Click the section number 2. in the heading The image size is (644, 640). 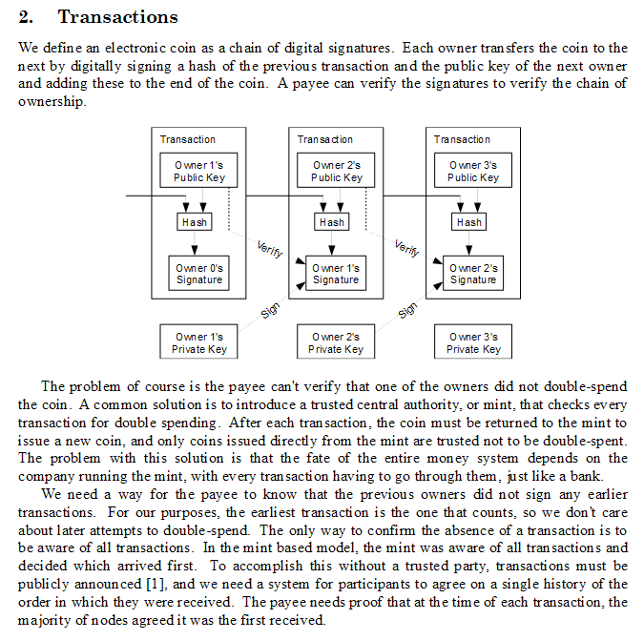[26, 17]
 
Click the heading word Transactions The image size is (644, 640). [118, 17]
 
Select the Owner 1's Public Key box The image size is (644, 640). [198, 171]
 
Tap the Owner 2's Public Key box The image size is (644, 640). [336, 171]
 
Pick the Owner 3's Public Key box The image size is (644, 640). [473, 171]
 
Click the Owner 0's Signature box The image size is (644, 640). [198, 274]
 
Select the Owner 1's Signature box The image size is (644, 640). [336, 274]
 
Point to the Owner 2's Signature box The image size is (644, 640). [473, 274]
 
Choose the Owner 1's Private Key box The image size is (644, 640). [198, 341]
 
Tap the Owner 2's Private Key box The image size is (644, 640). [336, 341]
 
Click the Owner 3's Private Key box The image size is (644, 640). [473, 341]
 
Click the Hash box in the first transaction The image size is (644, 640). [195, 221]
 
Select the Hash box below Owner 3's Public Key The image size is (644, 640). [469, 221]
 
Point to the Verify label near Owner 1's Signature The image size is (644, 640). [270, 249]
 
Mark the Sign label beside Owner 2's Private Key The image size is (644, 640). [407, 311]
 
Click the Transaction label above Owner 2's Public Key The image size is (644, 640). [325, 139]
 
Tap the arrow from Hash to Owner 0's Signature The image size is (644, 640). [195, 243]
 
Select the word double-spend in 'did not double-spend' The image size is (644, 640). [586, 386]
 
